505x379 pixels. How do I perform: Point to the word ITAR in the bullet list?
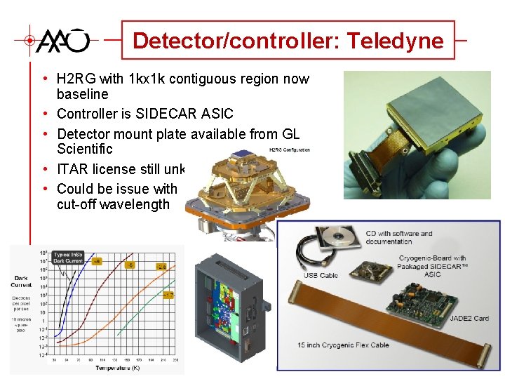pyautogui.click(x=72, y=169)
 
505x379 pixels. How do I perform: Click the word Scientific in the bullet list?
pyautogui.click(x=84, y=149)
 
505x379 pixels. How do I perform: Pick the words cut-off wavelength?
pyautogui.click(x=113, y=204)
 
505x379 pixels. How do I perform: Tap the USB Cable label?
pyautogui.click(x=321, y=275)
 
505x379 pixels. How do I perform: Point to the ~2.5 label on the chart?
pyautogui.click(x=161, y=267)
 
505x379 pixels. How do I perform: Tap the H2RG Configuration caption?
pyautogui.click(x=289, y=149)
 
